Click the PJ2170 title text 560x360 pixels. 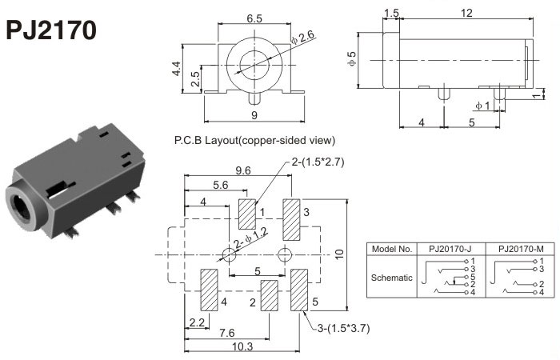(x=52, y=30)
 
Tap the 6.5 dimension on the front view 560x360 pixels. (x=254, y=17)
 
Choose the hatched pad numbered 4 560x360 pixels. (x=209, y=290)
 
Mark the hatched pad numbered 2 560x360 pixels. (x=269, y=296)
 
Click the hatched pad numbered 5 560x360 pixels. (x=300, y=290)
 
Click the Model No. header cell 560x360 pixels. (x=392, y=248)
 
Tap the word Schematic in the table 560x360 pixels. (x=392, y=278)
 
